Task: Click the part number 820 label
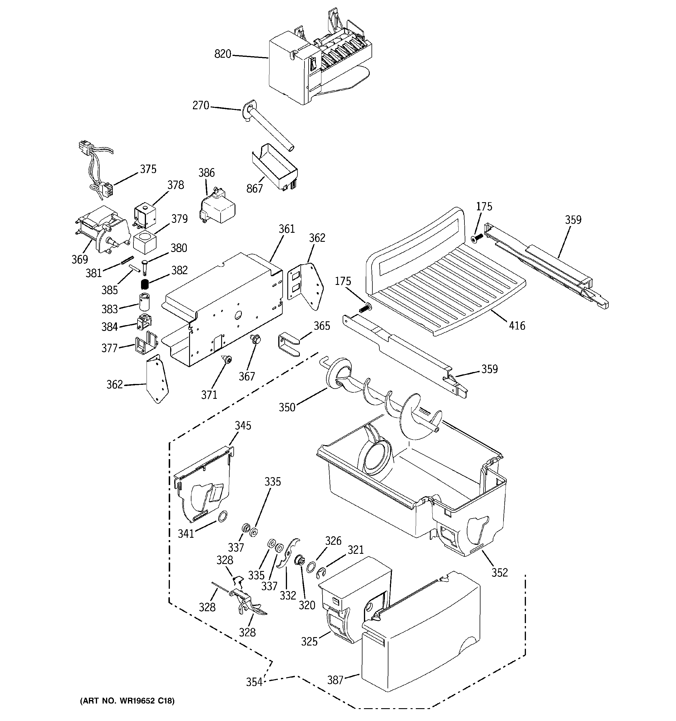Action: point(222,54)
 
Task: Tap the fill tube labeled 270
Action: point(269,127)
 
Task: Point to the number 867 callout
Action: point(254,188)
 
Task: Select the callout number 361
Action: point(287,229)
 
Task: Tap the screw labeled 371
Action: point(228,359)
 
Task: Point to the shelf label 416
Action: point(517,326)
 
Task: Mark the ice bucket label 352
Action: point(499,572)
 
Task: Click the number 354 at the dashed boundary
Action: point(254,682)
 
